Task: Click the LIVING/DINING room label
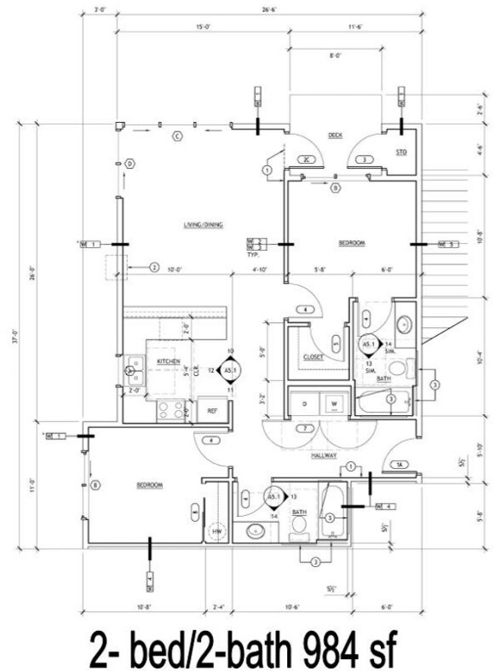[203, 225]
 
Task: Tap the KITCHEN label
[167, 362]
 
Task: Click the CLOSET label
[312, 357]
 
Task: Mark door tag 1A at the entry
[399, 465]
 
